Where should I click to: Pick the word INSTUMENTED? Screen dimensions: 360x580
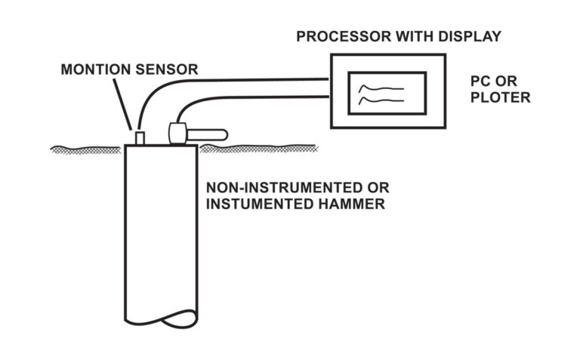[255, 205]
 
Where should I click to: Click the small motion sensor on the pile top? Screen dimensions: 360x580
[140, 137]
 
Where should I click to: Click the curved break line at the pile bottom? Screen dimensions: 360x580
[161, 315]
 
